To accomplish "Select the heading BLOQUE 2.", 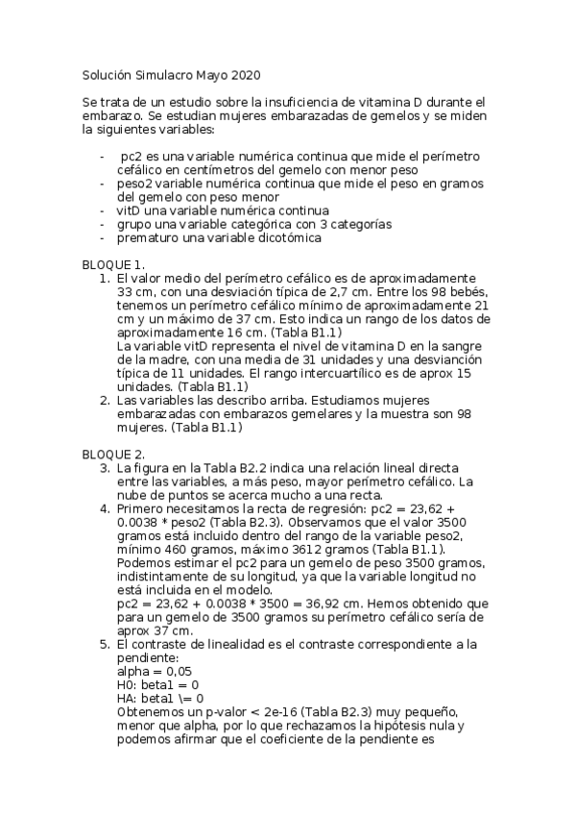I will click(x=113, y=453).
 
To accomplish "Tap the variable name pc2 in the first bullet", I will click(x=131, y=156).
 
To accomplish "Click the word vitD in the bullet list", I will click(x=129, y=210).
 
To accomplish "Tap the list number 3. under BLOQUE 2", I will click(x=106, y=467).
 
